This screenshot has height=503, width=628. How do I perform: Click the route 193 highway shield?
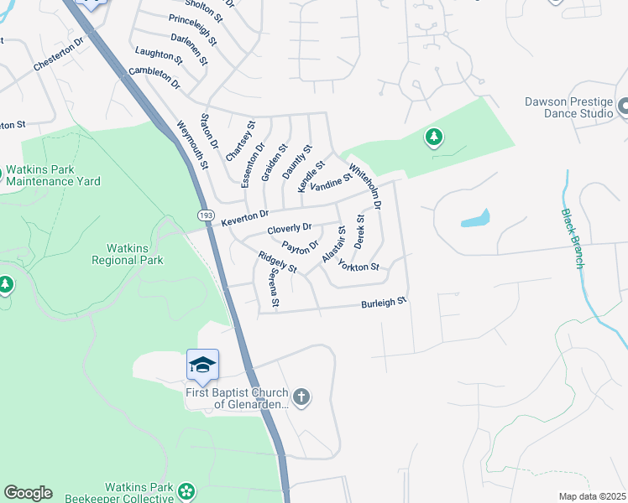click(206, 216)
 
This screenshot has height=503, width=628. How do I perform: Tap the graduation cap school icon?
click(202, 365)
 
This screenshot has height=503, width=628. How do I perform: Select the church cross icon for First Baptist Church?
click(301, 397)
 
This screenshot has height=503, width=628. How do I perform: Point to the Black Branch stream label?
click(573, 238)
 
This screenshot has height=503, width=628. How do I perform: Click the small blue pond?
click(474, 220)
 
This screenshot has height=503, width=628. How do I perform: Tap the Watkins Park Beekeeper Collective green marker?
click(186, 491)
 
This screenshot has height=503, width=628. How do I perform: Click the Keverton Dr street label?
click(245, 217)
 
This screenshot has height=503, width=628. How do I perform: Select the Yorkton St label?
click(358, 267)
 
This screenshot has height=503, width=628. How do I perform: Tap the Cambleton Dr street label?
click(155, 78)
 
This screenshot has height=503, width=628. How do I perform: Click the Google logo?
click(28, 493)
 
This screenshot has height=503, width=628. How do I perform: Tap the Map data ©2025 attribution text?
click(592, 496)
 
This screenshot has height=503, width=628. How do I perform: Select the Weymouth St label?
click(192, 144)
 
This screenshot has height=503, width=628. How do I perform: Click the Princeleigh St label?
click(193, 29)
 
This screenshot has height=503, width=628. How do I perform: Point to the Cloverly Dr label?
click(290, 228)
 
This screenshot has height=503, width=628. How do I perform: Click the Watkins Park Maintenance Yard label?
click(53, 175)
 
